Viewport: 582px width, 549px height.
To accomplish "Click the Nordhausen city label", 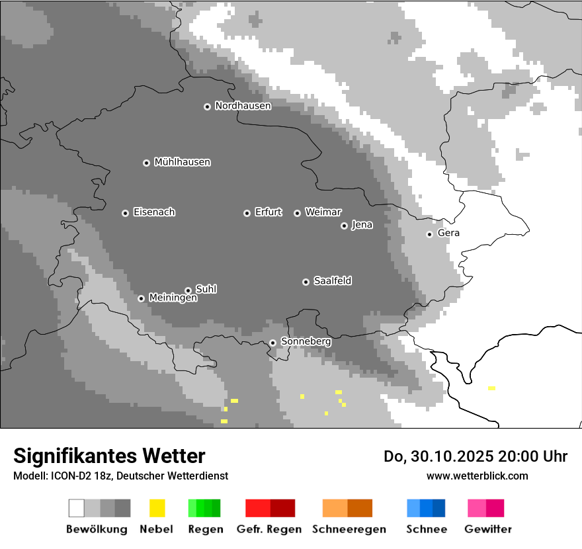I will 243,106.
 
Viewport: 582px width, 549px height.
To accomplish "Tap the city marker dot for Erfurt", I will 247,213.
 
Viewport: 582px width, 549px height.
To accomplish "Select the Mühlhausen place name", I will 182,162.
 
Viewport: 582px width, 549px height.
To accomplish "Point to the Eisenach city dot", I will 125,213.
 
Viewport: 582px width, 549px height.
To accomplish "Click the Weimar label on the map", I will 323,212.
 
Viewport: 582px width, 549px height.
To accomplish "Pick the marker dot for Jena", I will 344,226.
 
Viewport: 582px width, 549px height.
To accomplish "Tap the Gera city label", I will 448,233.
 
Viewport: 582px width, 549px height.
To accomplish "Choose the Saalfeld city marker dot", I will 306,282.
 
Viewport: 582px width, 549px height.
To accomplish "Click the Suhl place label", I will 206,289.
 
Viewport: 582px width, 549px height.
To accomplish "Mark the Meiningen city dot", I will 141,298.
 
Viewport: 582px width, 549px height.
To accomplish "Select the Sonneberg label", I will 306,342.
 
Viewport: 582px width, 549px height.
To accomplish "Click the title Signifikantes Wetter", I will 109,456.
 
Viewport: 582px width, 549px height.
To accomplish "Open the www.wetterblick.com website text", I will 477,476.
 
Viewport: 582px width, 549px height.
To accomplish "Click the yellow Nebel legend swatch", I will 157,508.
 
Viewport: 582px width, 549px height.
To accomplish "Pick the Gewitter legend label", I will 488,529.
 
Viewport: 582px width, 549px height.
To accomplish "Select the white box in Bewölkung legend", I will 77,508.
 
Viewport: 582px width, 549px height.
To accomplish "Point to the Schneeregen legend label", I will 349,529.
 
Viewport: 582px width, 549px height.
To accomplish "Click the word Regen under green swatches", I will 204,529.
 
